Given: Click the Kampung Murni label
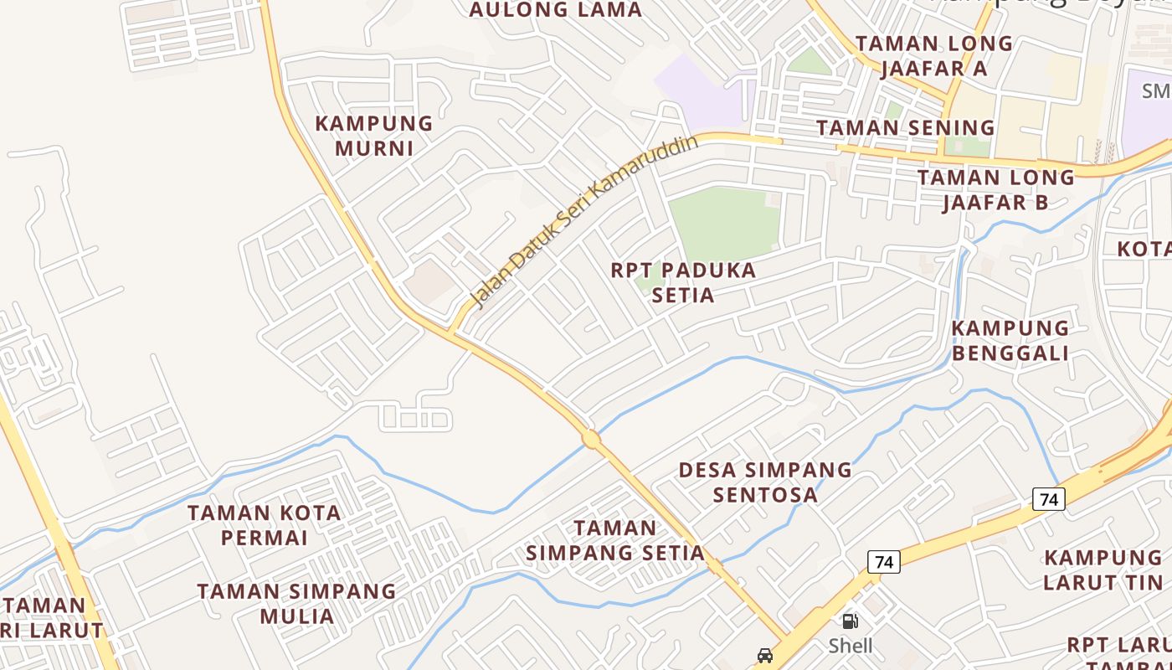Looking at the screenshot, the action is pyautogui.click(x=374, y=136).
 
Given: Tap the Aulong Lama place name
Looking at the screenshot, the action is pyautogui.click(x=555, y=10).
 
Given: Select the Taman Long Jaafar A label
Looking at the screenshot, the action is pyautogui.click(x=934, y=55).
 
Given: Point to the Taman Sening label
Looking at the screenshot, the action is pyautogui.click(x=906, y=128).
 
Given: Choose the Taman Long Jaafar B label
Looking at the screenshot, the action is pyautogui.click(x=995, y=189).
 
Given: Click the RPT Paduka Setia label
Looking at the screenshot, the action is pyautogui.click(x=683, y=282).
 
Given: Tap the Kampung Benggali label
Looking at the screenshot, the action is pyautogui.click(x=1010, y=340).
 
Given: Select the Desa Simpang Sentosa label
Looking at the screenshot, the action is pyautogui.click(x=765, y=482).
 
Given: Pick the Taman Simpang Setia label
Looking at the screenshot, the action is pyautogui.click(x=615, y=540).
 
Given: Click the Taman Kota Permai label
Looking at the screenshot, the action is pyautogui.click(x=265, y=524).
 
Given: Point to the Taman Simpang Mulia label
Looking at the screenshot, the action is pyautogui.click(x=296, y=603).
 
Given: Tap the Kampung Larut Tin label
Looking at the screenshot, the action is pyautogui.click(x=1103, y=569).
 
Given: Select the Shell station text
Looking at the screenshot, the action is pyautogui.click(x=851, y=646).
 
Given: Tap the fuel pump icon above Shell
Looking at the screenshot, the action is pyautogui.click(x=850, y=621).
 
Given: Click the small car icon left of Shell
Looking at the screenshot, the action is pyautogui.click(x=764, y=655).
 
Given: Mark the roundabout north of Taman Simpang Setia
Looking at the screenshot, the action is pyautogui.click(x=591, y=439).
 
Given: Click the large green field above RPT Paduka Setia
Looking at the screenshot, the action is pyautogui.click(x=725, y=221).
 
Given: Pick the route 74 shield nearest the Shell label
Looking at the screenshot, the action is pyautogui.click(x=883, y=561).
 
